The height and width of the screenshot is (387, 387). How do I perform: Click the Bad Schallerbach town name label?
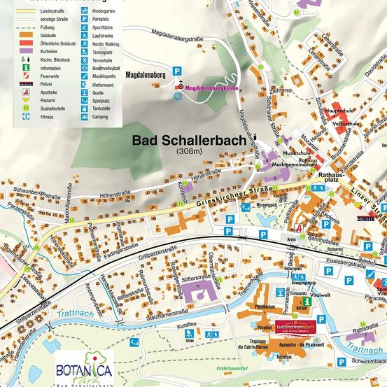[190, 139]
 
